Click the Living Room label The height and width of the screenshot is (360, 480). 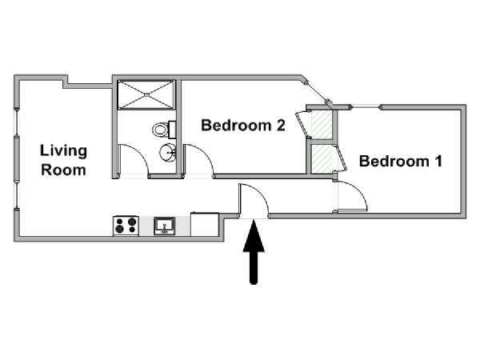[x=64, y=160]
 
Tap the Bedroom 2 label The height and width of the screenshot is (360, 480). [x=243, y=126]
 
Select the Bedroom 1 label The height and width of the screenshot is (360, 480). [x=401, y=161]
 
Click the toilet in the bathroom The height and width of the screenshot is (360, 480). [x=163, y=130]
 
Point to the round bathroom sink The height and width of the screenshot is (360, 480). [x=168, y=152]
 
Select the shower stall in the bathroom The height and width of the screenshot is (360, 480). [x=146, y=94]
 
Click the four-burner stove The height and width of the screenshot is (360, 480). [x=126, y=226]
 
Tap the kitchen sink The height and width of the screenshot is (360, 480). [x=165, y=226]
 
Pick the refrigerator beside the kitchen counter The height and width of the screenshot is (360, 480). [x=205, y=224]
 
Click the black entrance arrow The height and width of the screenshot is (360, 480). [x=254, y=253]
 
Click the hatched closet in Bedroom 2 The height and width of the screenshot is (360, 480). [x=322, y=125]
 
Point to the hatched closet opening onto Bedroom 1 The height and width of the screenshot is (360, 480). [x=322, y=159]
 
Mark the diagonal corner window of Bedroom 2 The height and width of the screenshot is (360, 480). [x=317, y=91]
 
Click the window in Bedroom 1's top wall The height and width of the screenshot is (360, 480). [x=366, y=107]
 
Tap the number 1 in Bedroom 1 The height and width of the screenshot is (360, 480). [x=438, y=161]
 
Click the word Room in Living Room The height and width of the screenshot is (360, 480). [x=63, y=170]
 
